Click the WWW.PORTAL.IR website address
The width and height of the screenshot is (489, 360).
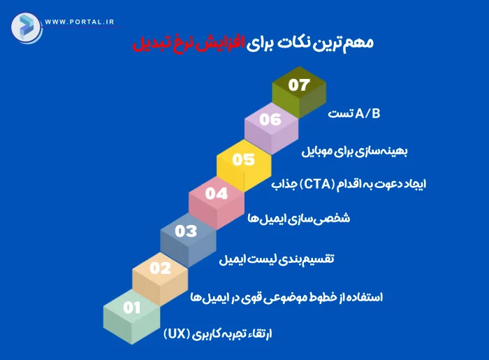point(79,22)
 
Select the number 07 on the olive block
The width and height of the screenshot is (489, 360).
point(298,85)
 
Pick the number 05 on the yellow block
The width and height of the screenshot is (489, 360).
point(244,159)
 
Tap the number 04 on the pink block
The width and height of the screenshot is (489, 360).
point(217,194)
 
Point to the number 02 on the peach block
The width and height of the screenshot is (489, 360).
point(160,268)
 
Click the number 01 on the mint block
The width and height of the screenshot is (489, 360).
point(131,307)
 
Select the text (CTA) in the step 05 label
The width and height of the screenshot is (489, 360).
point(317,185)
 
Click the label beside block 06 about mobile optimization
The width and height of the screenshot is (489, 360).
point(356,151)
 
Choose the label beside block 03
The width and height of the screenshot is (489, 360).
point(277,259)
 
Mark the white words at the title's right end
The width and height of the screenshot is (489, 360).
point(313,43)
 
